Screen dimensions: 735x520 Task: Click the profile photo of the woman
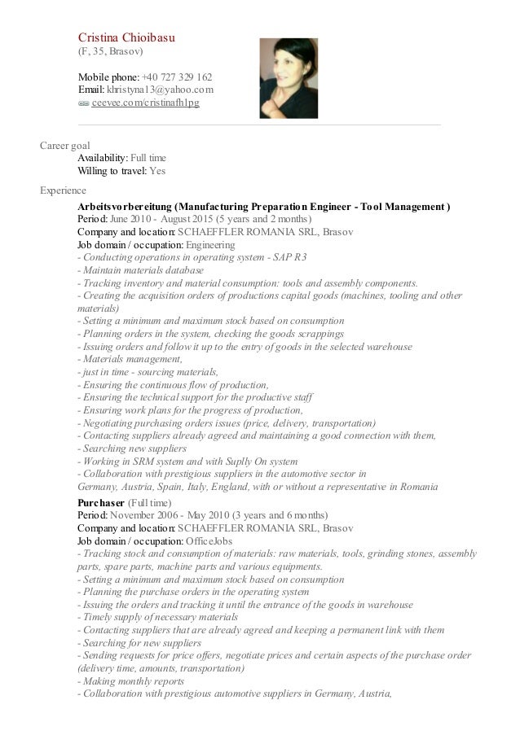click(284, 78)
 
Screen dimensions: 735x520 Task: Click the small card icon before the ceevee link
click(83, 104)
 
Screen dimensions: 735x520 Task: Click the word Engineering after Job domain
click(210, 245)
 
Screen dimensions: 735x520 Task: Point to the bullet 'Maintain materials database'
click(140, 271)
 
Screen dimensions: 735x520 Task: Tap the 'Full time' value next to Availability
click(153, 158)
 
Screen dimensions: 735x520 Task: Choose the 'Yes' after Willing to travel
click(157, 171)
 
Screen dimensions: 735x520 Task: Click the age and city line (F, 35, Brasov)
click(110, 51)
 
